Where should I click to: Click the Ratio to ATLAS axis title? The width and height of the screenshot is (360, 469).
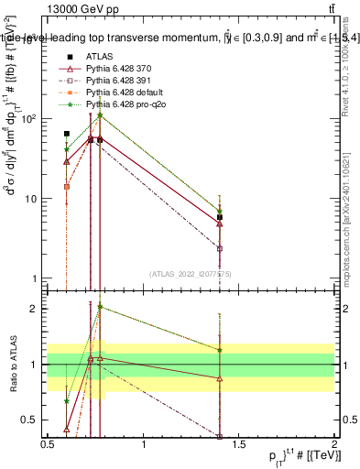(x=12, y=365)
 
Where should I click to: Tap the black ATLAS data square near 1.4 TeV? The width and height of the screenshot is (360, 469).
(x=220, y=217)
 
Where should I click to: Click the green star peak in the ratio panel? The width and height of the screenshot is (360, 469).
(x=100, y=307)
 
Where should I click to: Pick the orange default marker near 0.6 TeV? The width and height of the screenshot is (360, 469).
(x=66, y=187)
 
